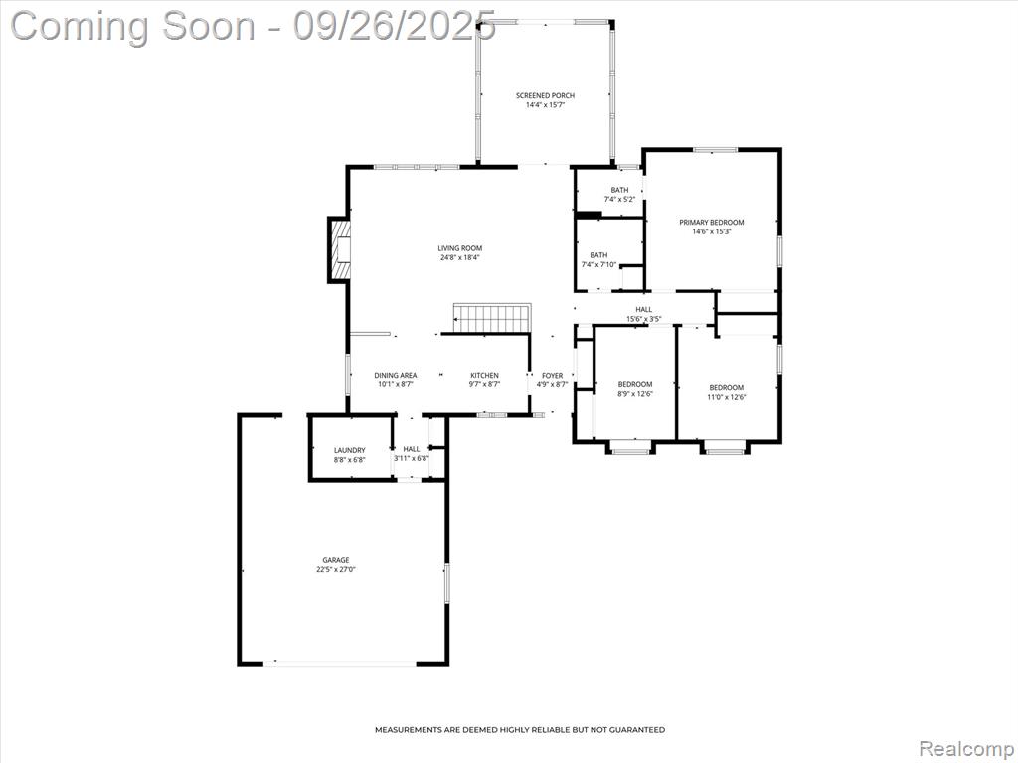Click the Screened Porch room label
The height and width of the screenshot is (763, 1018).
(x=545, y=95)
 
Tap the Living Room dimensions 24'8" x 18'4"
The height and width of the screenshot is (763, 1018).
(x=459, y=257)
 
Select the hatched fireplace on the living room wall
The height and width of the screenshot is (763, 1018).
(x=340, y=249)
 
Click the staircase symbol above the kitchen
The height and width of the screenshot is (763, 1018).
(x=492, y=318)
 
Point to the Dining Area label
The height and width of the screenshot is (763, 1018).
(x=396, y=375)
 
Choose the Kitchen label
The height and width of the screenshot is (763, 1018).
(x=484, y=375)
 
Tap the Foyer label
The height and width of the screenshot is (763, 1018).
(x=553, y=375)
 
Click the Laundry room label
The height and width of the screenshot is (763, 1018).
(x=349, y=450)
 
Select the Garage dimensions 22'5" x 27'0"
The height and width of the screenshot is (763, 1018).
(x=336, y=569)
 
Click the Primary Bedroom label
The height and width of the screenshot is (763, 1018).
(x=712, y=222)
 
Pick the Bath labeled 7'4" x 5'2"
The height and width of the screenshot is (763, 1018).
(x=619, y=194)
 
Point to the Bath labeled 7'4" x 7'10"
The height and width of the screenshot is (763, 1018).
(x=598, y=259)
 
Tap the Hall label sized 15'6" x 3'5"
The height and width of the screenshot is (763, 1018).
(x=644, y=314)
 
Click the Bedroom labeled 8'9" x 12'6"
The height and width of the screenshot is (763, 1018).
(x=635, y=388)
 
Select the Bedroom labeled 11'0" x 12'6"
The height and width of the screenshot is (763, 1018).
(x=727, y=392)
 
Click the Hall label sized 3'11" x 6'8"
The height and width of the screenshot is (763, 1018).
(x=411, y=453)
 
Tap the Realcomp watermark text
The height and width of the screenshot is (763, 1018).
(x=965, y=748)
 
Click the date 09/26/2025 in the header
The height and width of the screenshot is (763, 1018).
(x=394, y=26)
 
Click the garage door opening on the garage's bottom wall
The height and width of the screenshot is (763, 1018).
(x=340, y=663)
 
